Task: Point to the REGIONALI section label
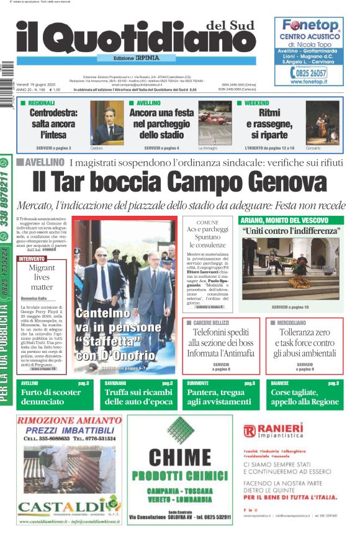42,103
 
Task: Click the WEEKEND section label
256,103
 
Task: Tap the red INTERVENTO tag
32,258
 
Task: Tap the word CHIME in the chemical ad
180,459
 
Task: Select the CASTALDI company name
61,505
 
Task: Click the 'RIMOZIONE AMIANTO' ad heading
67,420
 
